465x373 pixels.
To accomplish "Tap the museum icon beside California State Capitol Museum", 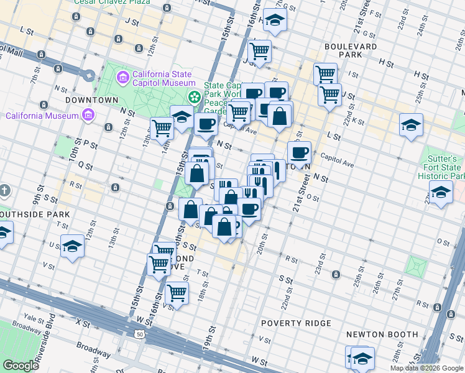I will click(122, 77).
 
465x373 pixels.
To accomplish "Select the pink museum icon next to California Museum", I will click(88, 115).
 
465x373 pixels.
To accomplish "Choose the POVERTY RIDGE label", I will click(297, 323).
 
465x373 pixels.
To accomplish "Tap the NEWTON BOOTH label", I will click(382, 334).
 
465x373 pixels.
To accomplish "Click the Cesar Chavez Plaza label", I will click(112, 2).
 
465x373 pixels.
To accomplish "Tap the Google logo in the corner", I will click(21, 366).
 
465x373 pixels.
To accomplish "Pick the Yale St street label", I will click(33, 314).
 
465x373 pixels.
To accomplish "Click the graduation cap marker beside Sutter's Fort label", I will click(441, 193).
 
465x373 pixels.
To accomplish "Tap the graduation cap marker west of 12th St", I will click(73, 247).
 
